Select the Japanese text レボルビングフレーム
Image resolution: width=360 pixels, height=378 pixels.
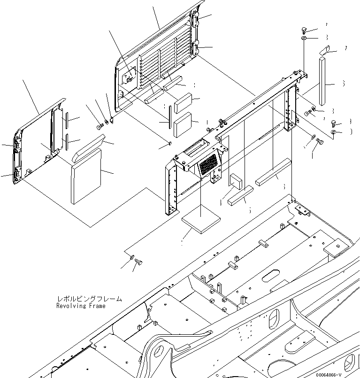89,299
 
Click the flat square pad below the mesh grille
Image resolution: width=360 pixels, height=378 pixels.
201,222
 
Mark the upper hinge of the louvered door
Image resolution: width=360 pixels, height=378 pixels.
196,20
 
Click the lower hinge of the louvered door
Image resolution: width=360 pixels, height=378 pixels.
196,47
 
